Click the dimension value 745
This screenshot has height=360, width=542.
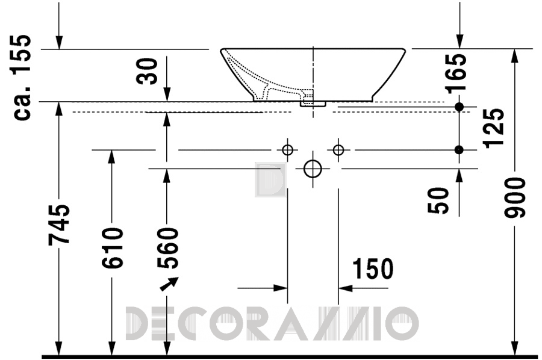click(x=59, y=225)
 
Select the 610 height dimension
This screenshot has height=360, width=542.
click(x=113, y=247)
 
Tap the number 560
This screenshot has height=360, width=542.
click(x=167, y=247)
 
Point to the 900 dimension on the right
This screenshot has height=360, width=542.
click(x=515, y=197)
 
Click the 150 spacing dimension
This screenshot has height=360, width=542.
click(x=373, y=268)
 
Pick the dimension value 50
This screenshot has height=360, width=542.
click(x=438, y=200)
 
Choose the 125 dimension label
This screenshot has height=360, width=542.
click(x=494, y=128)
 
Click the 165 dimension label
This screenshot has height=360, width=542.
click(x=456, y=73)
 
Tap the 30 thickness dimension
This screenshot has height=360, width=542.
click(x=147, y=71)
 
